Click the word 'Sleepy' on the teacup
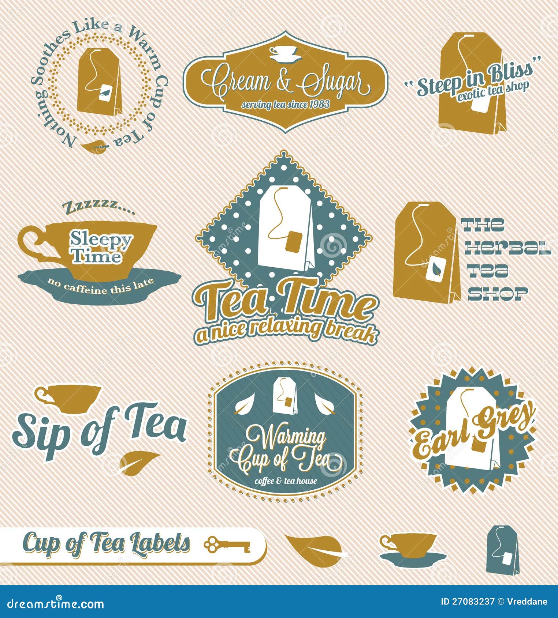101,240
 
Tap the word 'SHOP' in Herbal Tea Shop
498,293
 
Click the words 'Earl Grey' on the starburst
474,432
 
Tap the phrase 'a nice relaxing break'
286,330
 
